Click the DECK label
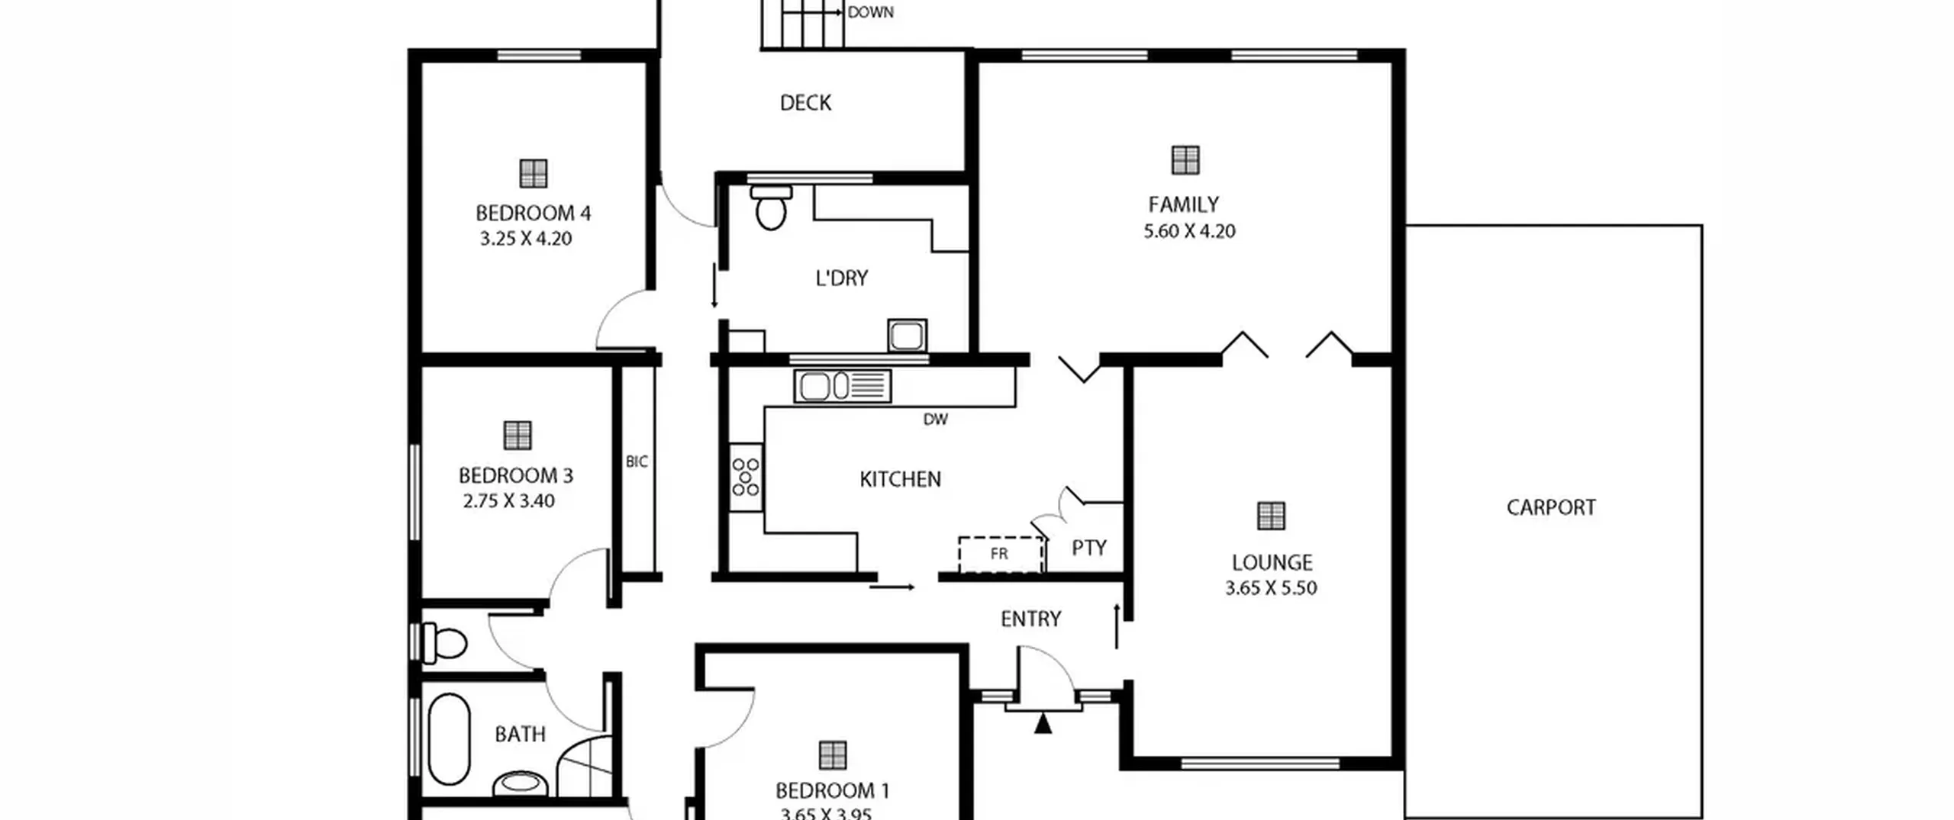point(805,102)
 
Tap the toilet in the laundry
point(771,207)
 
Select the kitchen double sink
point(842,386)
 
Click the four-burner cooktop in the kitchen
point(745,478)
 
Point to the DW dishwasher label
point(935,420)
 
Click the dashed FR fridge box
point(1001,555)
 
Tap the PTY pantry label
point(1088,548)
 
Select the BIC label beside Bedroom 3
point(637,461)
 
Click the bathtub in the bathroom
point(449,738)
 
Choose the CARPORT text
point(1551,507)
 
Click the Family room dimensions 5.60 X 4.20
point(1189,231)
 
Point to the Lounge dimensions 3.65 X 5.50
point(1271,588)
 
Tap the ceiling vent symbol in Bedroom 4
point(533,173)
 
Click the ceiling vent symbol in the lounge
point(1271,516)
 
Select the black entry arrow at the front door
point(1043,722)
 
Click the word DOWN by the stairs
point(870,12)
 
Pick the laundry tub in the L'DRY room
point(907,336)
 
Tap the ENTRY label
point(1030,619)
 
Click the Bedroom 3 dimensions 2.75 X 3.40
point(508,501)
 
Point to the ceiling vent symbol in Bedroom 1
point(832,755)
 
